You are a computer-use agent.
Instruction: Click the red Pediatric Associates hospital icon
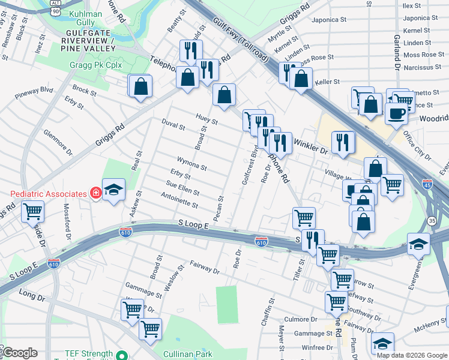point(95,193)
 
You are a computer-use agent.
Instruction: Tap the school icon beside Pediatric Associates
point(113,190)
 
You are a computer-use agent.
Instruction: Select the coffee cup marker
point(396,113)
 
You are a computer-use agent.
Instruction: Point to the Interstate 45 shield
point(427,183)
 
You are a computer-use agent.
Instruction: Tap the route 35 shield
point(431,221)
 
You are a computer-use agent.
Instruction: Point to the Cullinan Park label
point(187,355)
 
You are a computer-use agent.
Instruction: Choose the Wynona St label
point(192,164)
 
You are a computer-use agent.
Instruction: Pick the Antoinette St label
point(179,200)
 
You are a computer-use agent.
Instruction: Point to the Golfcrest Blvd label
point(249,165)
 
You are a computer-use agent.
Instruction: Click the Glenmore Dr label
point(55,142)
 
